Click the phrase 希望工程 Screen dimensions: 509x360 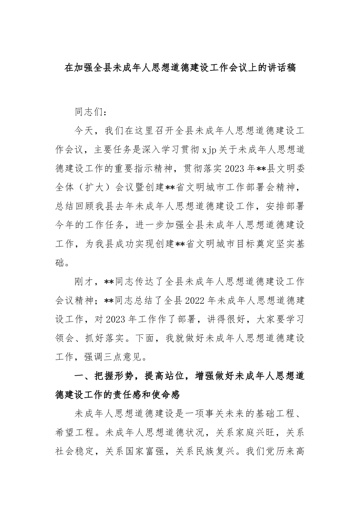click(x=74, y=433)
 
